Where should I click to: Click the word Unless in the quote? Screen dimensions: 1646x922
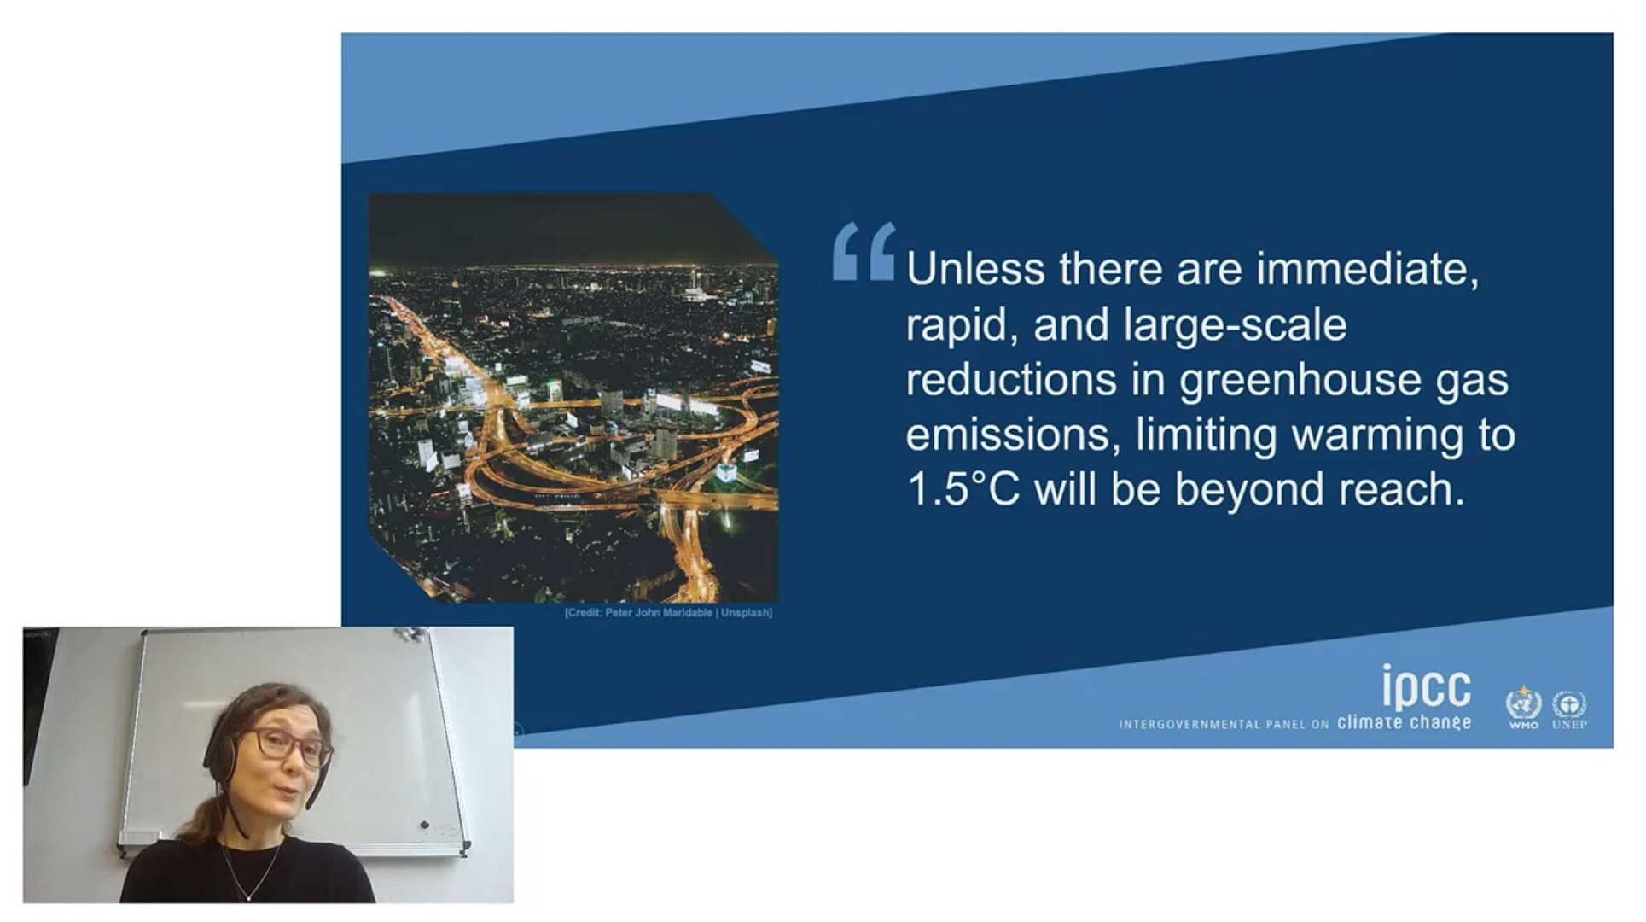[x=975, y=269]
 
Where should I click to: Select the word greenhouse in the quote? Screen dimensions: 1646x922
[x=1300, y=381]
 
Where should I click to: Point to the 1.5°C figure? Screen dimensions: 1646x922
[x=963, y=489]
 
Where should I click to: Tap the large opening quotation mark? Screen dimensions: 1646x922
[x=864, y=252]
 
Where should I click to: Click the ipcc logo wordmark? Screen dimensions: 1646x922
[x=1427, y=688]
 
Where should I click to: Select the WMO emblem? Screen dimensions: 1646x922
[x=1523, y=708]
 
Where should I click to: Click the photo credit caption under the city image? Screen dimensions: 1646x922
[x=668, y=613]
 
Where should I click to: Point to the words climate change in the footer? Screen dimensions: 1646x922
[x=1404, y=723]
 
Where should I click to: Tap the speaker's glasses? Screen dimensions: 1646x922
[x=288, y=745]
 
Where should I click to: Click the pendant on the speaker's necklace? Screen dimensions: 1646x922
[x=249, y=896]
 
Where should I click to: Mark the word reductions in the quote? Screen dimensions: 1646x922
[x=1011, y=381]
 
